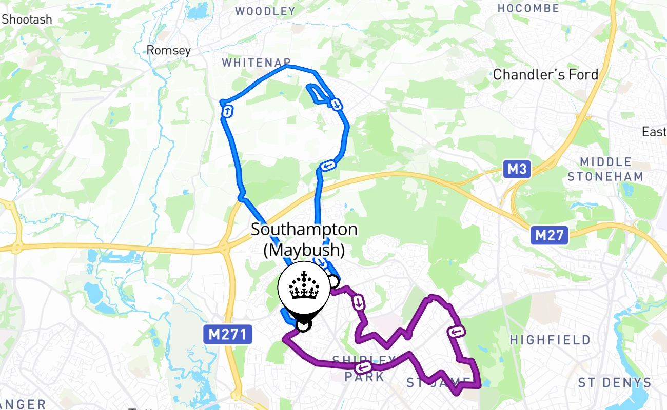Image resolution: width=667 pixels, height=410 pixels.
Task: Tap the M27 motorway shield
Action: point(550,236)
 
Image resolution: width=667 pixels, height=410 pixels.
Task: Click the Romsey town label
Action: point(168,50)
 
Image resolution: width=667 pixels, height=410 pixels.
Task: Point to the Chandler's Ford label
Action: point(545,75)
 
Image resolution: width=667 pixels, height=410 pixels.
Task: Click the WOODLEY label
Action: point(265,11)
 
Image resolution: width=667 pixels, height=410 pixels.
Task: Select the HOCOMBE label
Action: point(528,9)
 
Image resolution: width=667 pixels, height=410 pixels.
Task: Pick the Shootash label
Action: point(27,20)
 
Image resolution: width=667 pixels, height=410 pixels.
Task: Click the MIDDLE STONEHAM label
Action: point(605,170)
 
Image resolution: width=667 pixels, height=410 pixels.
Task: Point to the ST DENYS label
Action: point(615,383)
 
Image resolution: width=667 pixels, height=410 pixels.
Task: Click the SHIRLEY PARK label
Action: point(365,368)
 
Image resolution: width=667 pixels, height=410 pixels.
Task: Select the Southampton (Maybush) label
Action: point(304,239)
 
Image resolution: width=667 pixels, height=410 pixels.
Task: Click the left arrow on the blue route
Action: point(327,166)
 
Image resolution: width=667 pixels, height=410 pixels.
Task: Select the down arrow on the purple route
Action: point(358,302)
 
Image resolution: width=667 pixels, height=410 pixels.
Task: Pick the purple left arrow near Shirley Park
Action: point(364,367)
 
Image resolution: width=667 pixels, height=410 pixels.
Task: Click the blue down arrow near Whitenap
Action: point(336,105)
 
